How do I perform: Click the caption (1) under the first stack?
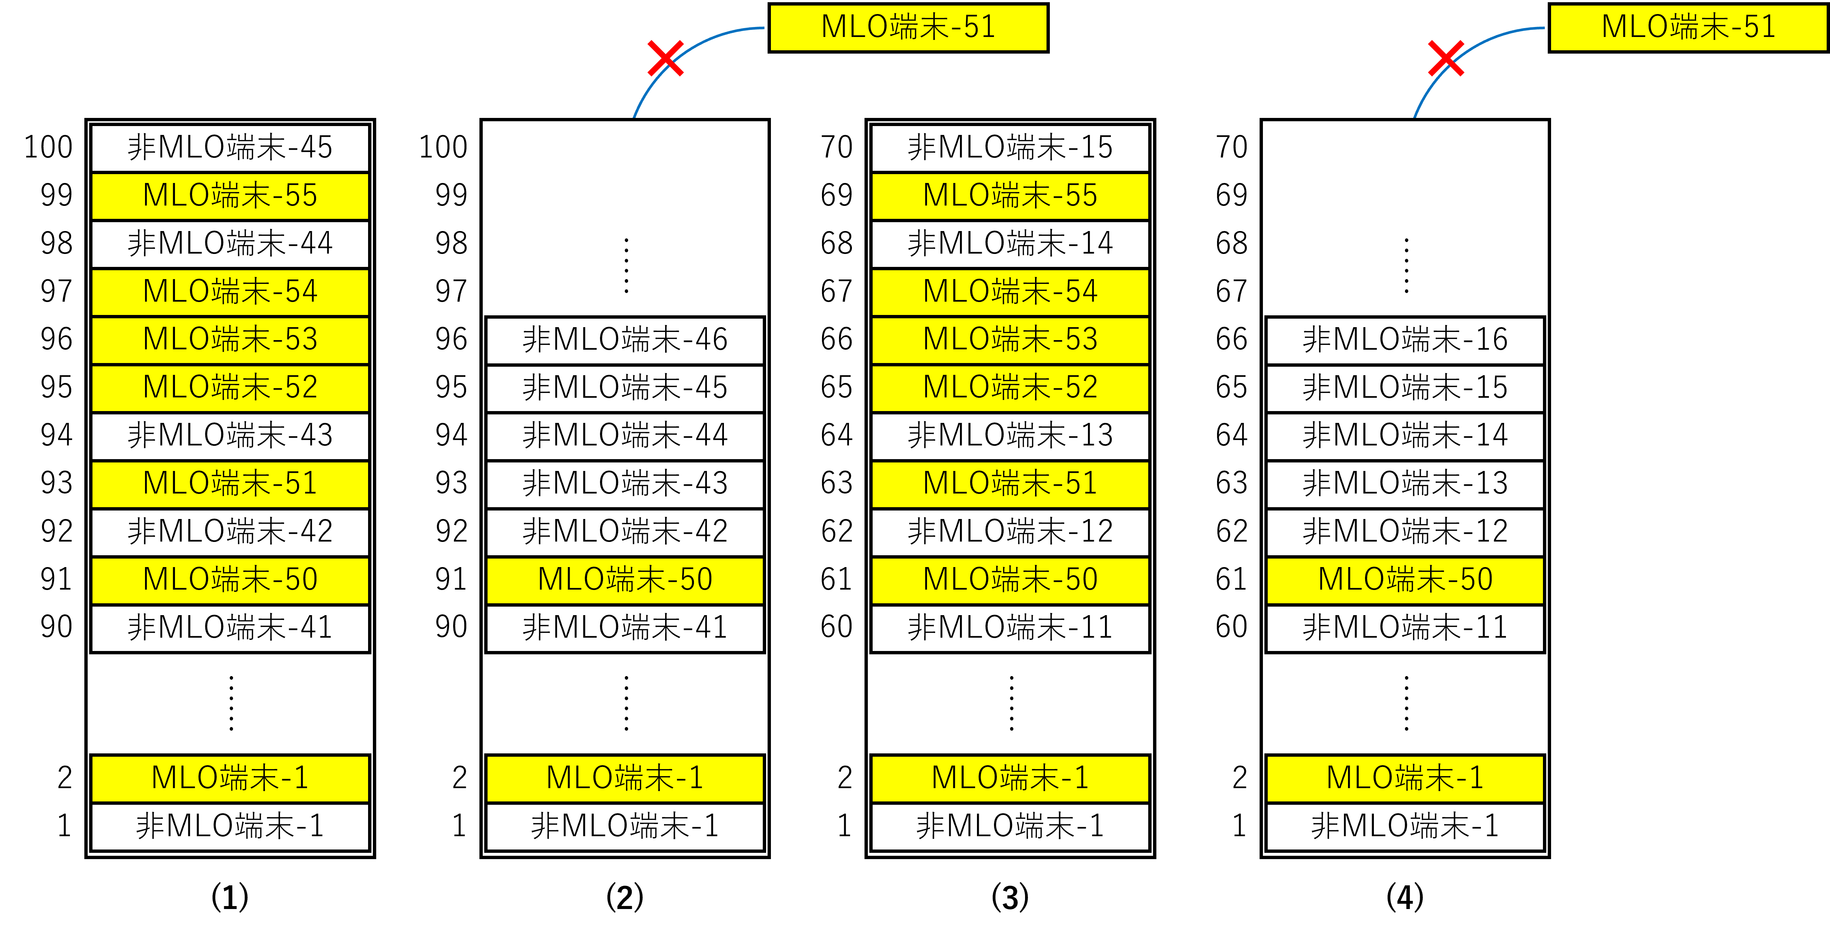pyautogui.click(x=229, y=897)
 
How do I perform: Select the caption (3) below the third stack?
pyautogui.click(x=1010, y=897)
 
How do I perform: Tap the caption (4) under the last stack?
pyautogui.click(x=1405, y=897)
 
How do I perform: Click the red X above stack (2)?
pyautogui.click(x=665, y=58)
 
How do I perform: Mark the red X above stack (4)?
pyautogui.click(x=1446, y=58)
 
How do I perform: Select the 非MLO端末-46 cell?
pyautogui.click(x=625, y=339)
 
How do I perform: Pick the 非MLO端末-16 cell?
pyautogui.click(x=1405, y=339)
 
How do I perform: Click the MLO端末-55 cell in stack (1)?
pyautogui.click(x=230, y=195)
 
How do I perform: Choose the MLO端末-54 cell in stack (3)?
pyautogui.click(x=1010, y=291)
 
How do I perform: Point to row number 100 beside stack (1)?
pyautogui.click(x=48, y=147)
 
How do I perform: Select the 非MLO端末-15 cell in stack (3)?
pyautogui.click(x=1010, y=147)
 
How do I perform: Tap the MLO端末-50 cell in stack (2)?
pyautogui.click(x=625, y=580)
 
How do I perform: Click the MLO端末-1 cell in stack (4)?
pyautogui.click(x=1405, y=778)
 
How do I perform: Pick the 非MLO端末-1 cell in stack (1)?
pyautogui.click(x=230, y=826)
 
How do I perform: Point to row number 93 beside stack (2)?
pyautogui.click(x=451, y=483)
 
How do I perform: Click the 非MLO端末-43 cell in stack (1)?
pyautogui.click(x=230, y=435)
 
